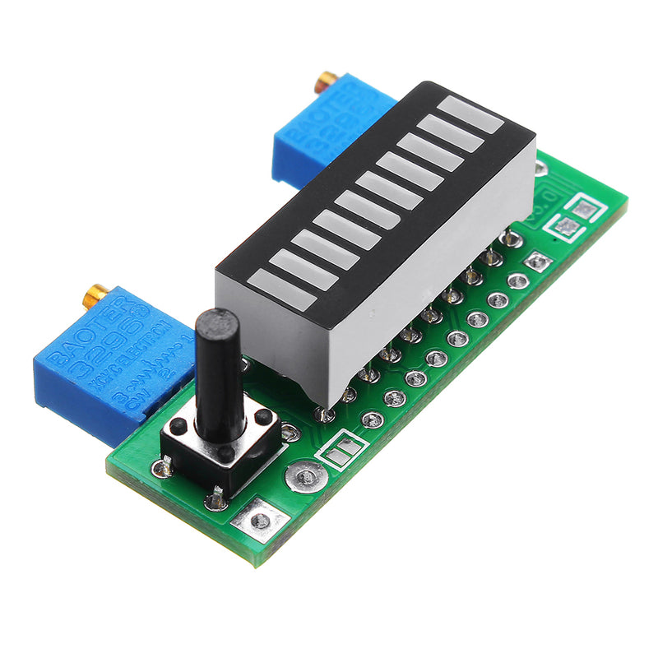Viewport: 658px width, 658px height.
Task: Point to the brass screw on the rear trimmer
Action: [328, 80]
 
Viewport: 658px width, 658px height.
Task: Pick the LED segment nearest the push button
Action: [283, 290]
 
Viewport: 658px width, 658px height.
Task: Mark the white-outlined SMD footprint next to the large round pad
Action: [343, 449]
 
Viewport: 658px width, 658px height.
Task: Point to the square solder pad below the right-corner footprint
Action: [538, 262]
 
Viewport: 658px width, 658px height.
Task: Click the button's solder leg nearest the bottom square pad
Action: [215, 498]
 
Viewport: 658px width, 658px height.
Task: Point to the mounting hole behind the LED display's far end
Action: [539, 169]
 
